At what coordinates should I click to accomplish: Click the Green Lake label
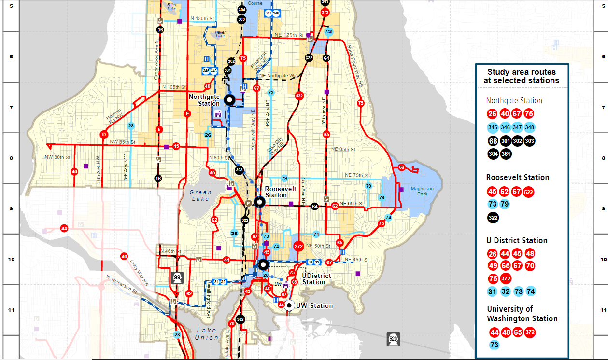pyautogui.click(x=200, y=195)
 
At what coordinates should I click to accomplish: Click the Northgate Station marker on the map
pyautogui.click(x=229, y=100)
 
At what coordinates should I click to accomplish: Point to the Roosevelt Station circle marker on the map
pyautogui.click(x=260, y=202)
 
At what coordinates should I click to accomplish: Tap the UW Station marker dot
pyautogui.click(x=289, y=305)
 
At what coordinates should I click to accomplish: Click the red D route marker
pyautogui.click(x=103, y=135)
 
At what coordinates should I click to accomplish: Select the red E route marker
pyautogui.click(x=187, y=114)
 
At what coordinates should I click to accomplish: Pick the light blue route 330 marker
pyautogui.click(x=329, y=32)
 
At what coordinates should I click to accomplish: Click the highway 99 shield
pyautogui.click(x=177, y=277)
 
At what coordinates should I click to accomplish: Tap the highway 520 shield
pyautogui.click(x=393, y=339)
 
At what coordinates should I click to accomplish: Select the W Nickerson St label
pyautogui.click(x=121, y=284)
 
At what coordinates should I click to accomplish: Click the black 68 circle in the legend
pyautogui.click(x=493, y=141)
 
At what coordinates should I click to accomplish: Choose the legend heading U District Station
pyautogui.click(x=517, y=240)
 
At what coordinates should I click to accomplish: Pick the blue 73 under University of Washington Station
pyautogui.click(x=494, y=345)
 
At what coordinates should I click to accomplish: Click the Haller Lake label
pyautogui.click(x=220, y=34)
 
